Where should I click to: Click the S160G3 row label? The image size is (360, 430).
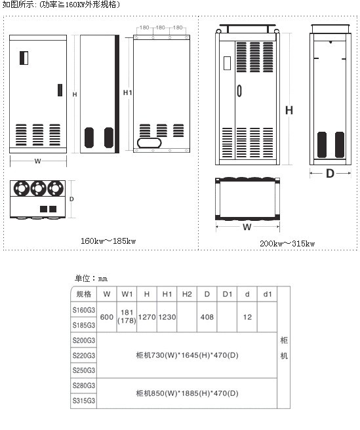84,310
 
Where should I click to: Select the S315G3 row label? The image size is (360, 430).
84,401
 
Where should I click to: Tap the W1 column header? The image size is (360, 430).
127,294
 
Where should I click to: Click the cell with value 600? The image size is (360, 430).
107,317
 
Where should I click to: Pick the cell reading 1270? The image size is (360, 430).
147,317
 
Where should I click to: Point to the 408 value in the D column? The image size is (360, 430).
207,317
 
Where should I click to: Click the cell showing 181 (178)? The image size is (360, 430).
127,317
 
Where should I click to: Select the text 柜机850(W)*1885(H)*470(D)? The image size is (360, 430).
187,393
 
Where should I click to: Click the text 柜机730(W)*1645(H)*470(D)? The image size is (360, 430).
187,355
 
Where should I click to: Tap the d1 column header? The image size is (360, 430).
268,294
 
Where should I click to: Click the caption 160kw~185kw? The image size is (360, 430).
108,241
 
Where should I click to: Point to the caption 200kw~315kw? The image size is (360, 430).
287,243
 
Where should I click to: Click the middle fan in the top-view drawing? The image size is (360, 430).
38,188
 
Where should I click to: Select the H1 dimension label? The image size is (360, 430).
128,92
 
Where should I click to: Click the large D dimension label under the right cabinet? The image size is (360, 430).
330,173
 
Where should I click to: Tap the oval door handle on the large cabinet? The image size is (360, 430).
239,90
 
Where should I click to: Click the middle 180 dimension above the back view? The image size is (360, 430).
161,28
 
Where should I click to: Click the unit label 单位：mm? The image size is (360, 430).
91,279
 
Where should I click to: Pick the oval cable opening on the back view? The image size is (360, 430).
149,143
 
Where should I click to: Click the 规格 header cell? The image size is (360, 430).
84,294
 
